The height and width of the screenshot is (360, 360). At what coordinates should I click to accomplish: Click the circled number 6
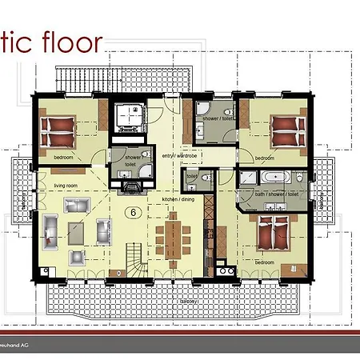tap(133, 212)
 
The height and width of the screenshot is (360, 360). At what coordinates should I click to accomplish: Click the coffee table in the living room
tap(78, 231)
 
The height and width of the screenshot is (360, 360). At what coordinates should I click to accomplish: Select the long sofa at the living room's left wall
tap(50, 231)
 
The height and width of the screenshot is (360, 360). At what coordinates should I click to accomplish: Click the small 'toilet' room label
tap(191, 174)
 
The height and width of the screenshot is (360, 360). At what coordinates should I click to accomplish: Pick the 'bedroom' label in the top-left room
tap(64, 158)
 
